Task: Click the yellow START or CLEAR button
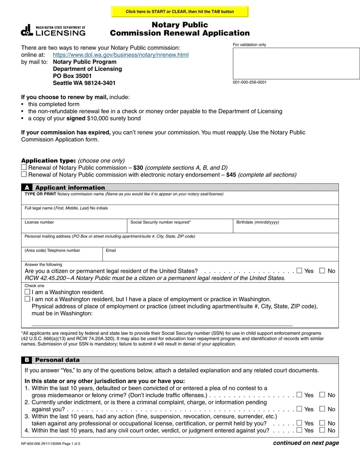(180, 12)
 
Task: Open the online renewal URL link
(121, 55)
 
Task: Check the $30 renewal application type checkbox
(24, 167)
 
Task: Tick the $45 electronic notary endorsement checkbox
(24, 174)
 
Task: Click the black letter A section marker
(27, 188)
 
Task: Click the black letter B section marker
(27, 360)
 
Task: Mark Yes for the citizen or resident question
(299, 271)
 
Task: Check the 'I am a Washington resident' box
(27, 292)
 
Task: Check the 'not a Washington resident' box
(27, 299)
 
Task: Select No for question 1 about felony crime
(322, 395)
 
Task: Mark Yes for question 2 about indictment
(299, 409)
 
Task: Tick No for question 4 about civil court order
(322, 430)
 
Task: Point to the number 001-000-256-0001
(250, 82)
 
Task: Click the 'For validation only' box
(296, 63)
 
